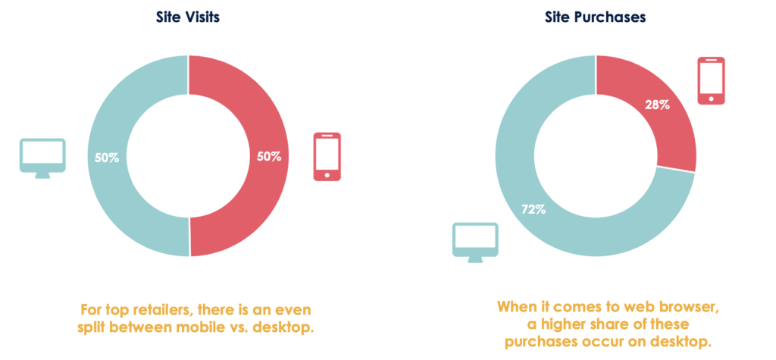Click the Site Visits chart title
coord(188,17)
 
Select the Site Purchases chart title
coord(596,17)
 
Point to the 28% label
coord(657,105)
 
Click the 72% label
coord(533,209)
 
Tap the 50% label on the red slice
coord(269,157)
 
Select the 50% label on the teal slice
coord(106,158)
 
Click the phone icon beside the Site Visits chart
coord(327,156)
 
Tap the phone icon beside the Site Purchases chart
coord(711,80)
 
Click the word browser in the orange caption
coord(690,306)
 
